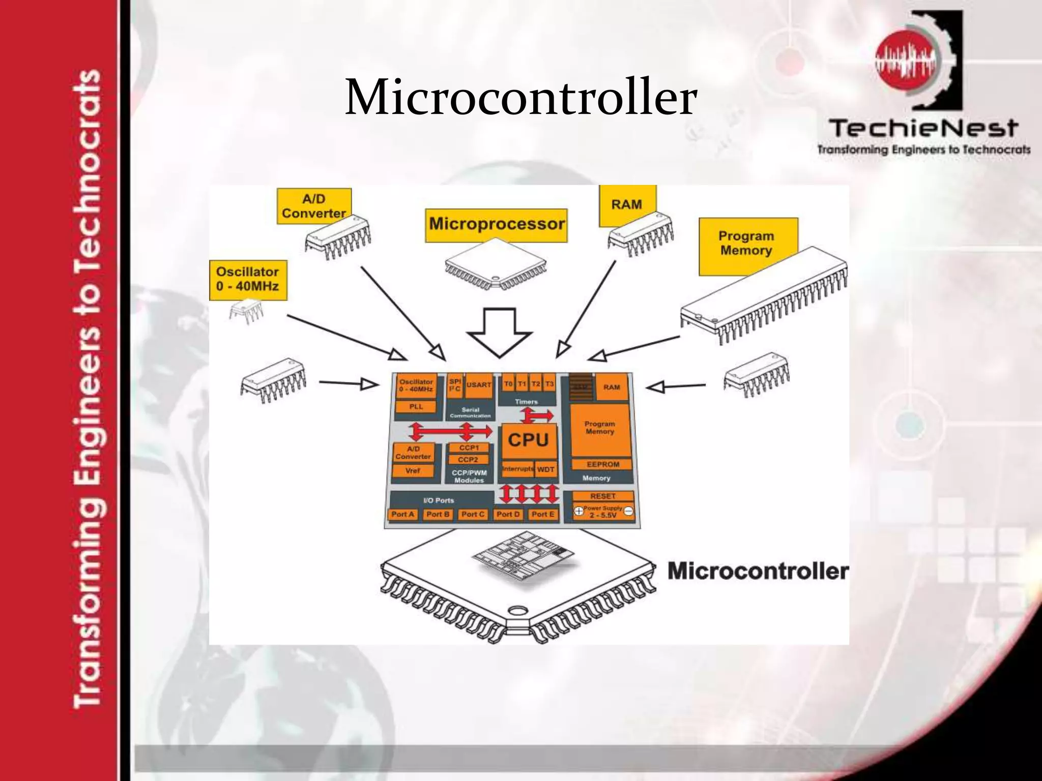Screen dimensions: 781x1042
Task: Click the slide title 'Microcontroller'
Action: [x=520, y=97]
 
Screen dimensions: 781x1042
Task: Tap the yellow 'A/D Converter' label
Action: [x=314, y=206]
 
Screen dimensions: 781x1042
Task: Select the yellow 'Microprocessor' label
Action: [x=496, y=224]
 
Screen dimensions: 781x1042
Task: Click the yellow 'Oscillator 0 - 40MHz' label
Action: [x=248, y=279]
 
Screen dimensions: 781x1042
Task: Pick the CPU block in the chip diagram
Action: [x=528, y=440]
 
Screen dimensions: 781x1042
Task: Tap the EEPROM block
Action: [x=603, y=464]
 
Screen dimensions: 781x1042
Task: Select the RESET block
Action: [x=603, y=496]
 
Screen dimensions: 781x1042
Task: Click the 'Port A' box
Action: [x=403, y=515]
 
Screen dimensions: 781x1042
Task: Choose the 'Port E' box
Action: [x=542, y=515]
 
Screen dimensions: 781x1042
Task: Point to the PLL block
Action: [x=416, y=407]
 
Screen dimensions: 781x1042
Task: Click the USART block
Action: [x=479, y=385]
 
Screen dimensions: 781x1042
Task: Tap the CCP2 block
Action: [x=468, y=460]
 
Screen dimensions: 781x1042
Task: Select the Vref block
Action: [x=413, y=471]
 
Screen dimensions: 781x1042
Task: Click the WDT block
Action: [x=545, y=469]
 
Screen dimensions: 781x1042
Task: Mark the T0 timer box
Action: [x=508, y=384]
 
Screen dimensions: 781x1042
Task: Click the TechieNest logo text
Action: [x=923, y=128]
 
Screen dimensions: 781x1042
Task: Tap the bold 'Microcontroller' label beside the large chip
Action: [x=758, y=571]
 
